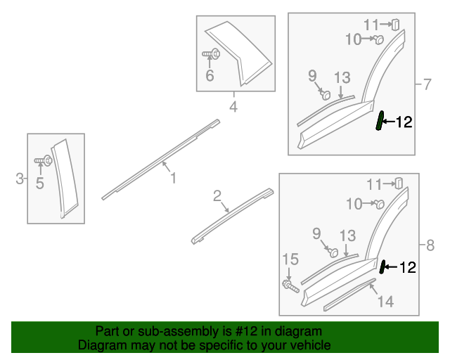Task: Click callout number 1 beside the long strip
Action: click(x=173, y=178)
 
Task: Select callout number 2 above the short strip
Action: click(x=217, y=195)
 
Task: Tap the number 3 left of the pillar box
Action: click(x=20, y=179)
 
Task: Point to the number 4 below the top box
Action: click(x=233, y=106)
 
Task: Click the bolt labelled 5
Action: click(x=44, y=160)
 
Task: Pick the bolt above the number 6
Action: click(x=211, y=53)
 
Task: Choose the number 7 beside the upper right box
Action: click(x=427, y=84)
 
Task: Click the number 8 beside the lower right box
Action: click(x=430, y=245)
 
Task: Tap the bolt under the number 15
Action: click(x=290, y=286)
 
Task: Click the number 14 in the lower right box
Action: click(x=385, y=302)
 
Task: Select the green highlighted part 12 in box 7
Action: click(x=380, y=120)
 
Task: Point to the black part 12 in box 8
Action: click(x=382, y=267)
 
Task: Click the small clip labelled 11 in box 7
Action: click(x=395, y=25)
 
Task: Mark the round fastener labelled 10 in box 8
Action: click(x=380, y=205)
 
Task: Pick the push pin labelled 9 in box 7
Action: click(x=326, y=95)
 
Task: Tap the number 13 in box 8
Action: click(x=348, y=236)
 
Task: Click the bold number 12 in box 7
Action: click(x=404, y=122)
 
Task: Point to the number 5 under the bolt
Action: click(x=40, y=183)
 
